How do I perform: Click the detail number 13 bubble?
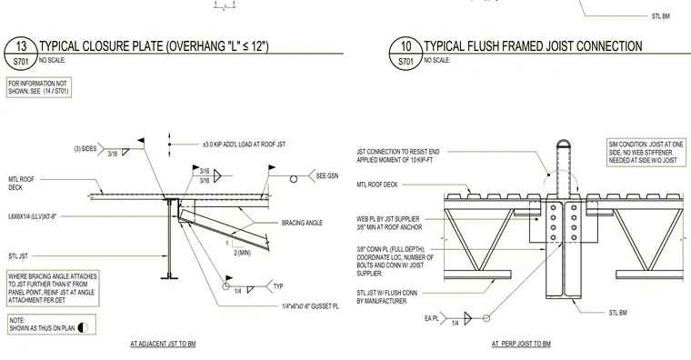tap(21, 54)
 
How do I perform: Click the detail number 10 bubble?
tap(406, 54)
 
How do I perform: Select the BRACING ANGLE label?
tap(302, 223)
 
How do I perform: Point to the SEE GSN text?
tap(327, 175)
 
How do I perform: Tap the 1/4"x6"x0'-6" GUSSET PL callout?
tap(311, 306)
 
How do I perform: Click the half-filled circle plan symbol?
tap(83, 328)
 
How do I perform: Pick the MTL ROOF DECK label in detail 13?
tap(21, 184)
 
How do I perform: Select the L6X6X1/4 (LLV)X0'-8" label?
tap(32, 216)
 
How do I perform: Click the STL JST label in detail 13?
tap(18, 256)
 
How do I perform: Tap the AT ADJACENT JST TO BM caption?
tap(163, 344)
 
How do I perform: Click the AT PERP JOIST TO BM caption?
tap(521, 344)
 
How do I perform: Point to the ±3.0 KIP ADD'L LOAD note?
tap(245, 144)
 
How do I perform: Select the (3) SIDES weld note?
tap(85, 148)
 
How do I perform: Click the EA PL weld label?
tap(432, 318)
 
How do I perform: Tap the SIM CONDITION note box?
tap(646, 153)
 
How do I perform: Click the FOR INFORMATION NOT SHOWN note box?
tap(39, 87)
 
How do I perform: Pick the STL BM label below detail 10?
tap(617, 313)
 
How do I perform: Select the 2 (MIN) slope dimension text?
tap(243, 253)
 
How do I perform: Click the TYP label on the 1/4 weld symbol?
tap(278, 286)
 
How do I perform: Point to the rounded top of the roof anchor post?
tap(563, 143)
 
